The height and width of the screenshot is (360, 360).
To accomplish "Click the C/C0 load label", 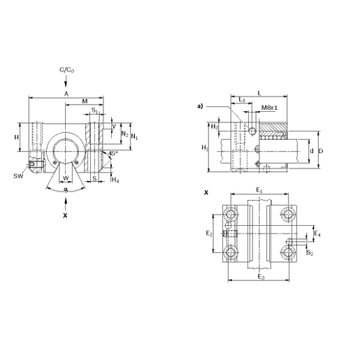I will [x=67, y=71].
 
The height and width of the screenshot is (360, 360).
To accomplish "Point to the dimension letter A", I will [x=66, y=94].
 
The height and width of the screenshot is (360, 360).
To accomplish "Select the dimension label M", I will [x=85, y=101].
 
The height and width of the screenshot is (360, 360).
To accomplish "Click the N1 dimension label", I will [x=134, y=136].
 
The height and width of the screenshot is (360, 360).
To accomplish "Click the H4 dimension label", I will [x=115, y=180].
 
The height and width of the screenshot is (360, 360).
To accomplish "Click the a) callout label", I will [x=200, y=106].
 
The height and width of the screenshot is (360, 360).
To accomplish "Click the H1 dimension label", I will [x=204, y=148].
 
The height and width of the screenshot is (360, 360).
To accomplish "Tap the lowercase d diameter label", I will [x=311, y=150].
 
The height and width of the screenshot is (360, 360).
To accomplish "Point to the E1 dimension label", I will [x=259, y=189].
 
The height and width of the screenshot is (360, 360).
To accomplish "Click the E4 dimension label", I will [x=317, y=233].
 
